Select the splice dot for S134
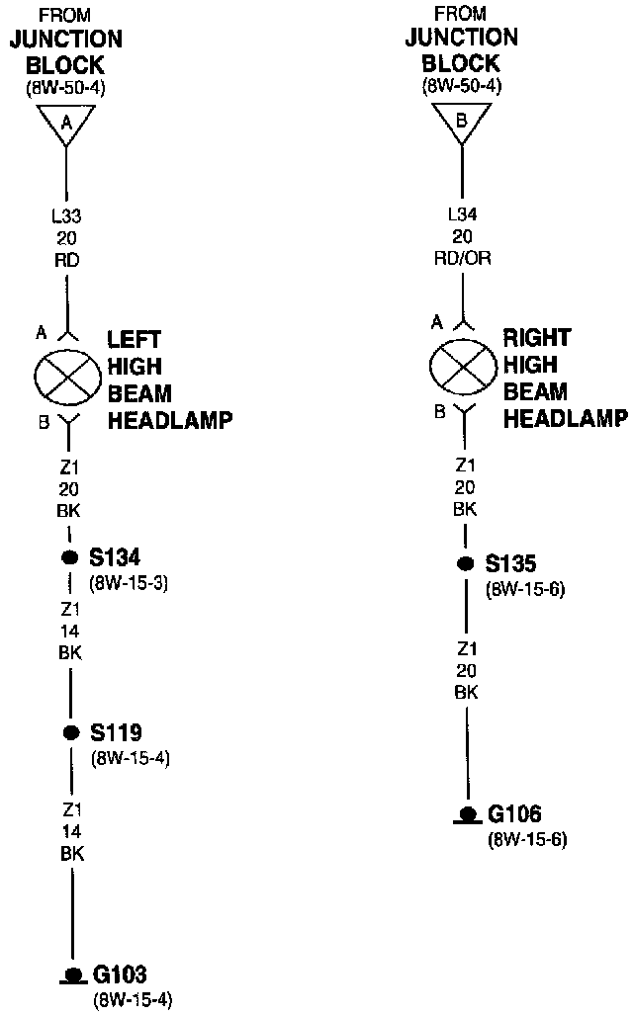69,557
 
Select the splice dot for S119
69,732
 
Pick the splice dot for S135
465,563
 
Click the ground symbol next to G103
71,976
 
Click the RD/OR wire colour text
463,259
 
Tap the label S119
117,733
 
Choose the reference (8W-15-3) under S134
129,583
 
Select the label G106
514,815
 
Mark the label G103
120,975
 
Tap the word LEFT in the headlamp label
134,340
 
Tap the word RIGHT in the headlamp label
537,338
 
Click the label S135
511,564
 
